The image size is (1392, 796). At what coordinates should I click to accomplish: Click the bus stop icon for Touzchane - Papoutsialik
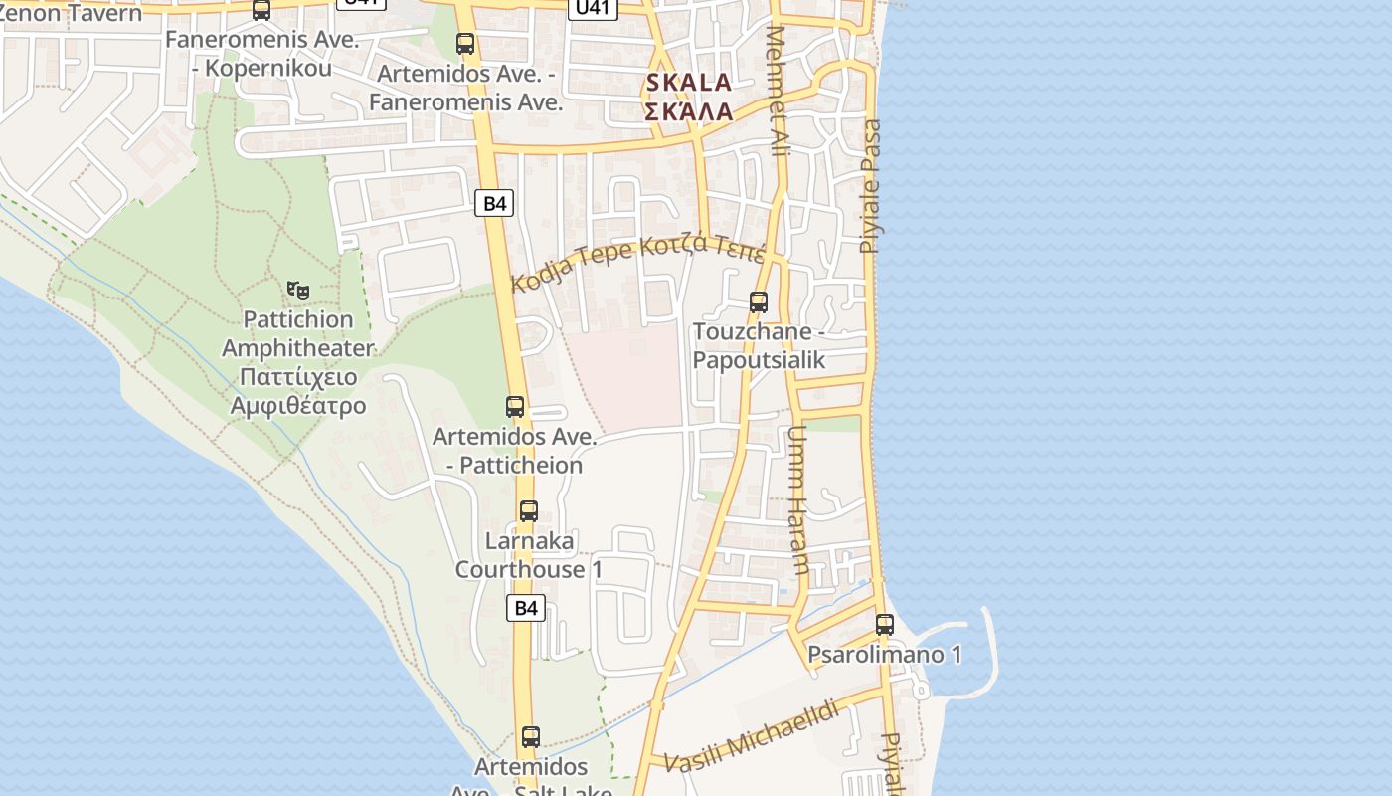(759, 302)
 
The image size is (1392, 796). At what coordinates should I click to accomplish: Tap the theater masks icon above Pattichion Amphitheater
(297, 291)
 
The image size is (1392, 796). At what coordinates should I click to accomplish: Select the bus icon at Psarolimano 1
(884, 625)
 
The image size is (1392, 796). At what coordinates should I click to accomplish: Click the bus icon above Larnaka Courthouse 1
(529, 511)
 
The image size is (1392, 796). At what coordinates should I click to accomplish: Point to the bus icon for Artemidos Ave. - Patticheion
(515, 407)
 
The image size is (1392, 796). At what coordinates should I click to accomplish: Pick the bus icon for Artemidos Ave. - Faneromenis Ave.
(465, 44)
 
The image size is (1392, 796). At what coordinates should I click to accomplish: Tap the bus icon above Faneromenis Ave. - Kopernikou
(261, 11)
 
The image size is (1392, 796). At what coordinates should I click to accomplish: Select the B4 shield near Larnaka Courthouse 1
(526, 608)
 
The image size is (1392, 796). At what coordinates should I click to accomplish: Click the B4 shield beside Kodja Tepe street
(494, 204)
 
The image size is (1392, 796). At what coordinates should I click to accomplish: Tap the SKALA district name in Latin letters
(688, 82)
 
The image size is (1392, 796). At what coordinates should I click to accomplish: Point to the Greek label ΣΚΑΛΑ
(688, 111)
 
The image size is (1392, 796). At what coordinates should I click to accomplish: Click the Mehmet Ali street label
(778, 90)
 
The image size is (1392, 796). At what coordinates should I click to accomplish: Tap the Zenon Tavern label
(70, 12)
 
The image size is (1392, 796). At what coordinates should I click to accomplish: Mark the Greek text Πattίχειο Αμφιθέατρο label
(297, 392)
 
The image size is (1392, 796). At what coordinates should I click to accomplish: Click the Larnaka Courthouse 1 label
(529, 555)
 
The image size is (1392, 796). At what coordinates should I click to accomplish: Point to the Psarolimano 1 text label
(884, 655)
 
